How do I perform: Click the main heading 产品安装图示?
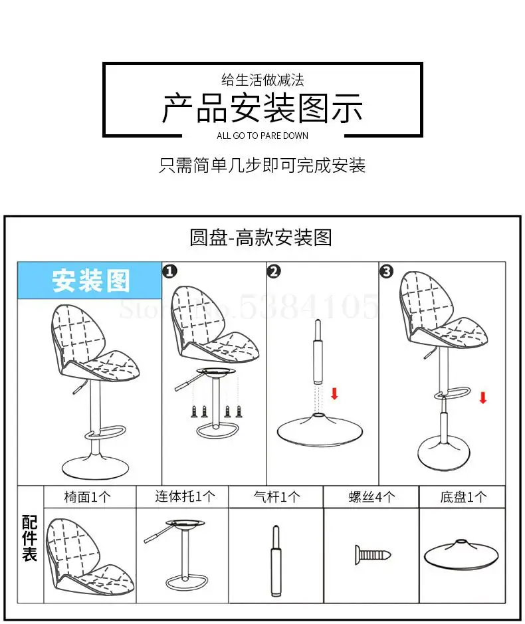pyautogui.click(x=262, y=108)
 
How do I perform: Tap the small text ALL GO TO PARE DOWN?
pyautogui.click(x=262, y=136)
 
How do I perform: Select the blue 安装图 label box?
pyautogui.click(x=90, y=280)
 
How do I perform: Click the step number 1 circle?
pyautogui.click(x=170, y=271)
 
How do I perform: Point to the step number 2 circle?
pyautogui.click(x=274, y=271)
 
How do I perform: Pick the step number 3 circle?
pyautogui.click(x=387, y=271)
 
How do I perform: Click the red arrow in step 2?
pyautogui.click(x=334, y=393)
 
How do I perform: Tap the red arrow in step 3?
pyautogui.click(x=483, y=397)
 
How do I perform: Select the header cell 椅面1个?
pyautogui.click(x=90, y=497)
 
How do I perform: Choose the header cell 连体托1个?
pyautogui.click(x=183, y=497)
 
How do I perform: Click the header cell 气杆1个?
pyautogui.click(x=276, y=497)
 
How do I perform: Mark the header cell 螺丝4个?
pyautogui.click(x=371, y=497)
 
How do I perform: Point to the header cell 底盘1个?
pyautogui.click(x=463, y=497)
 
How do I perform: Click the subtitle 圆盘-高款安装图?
pyautogui.click(x=261, y=237)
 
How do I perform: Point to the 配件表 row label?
pyautogui.click(x=30, y=538)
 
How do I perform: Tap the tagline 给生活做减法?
pyautogui.click(x=262, y=80)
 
